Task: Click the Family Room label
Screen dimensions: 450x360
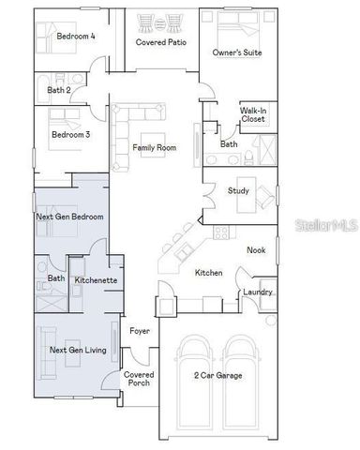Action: pos(154,148)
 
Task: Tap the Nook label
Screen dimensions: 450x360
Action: pos(256,249)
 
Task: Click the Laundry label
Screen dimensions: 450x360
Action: pos(257,292)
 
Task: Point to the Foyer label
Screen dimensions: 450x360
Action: pos(140,331)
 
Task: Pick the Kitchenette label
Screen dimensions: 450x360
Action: pos(95,279)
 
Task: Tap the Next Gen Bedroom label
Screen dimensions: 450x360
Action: pos(69,217)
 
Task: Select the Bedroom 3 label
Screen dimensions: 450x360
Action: pos(70,134)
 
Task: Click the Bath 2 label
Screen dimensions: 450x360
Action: pos(60,90)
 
